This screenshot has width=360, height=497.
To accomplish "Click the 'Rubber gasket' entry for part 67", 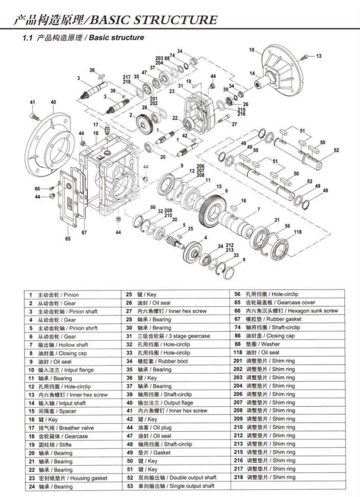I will [x=270, y=320].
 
